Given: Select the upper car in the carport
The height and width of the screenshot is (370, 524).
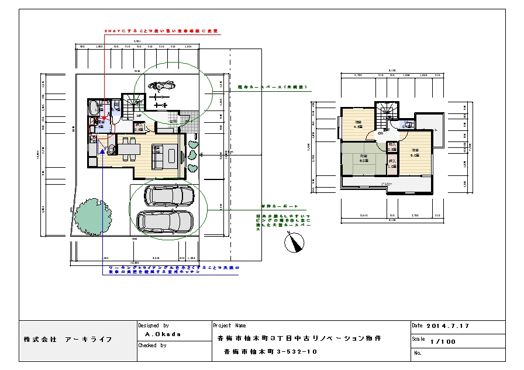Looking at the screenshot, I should [170, 195].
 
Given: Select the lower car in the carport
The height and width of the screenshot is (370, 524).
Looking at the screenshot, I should [164, 220].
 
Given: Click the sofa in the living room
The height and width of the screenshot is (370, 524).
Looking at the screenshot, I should [158, 155].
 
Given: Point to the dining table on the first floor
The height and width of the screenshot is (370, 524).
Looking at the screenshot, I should [127, 148].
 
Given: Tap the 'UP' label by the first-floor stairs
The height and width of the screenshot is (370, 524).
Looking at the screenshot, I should [139, 116].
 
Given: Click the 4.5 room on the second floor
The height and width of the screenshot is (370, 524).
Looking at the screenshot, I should [358, 125].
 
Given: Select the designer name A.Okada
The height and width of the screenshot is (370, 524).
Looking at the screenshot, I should [163, 334].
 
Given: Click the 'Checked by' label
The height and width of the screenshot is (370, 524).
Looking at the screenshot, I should [152, 345].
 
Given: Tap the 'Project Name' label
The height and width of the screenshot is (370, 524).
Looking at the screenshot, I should [230, 326].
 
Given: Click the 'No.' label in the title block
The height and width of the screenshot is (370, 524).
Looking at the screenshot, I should [418, 353].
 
